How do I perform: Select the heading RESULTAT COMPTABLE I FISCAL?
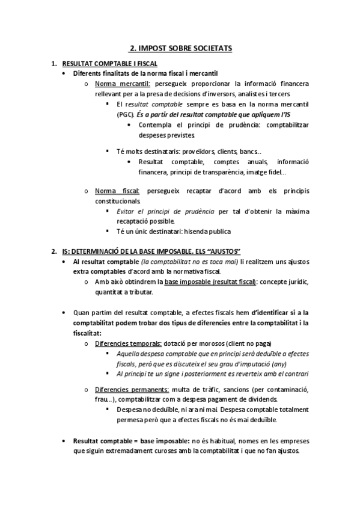(110, 63)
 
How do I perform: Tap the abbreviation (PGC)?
(126, 114)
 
